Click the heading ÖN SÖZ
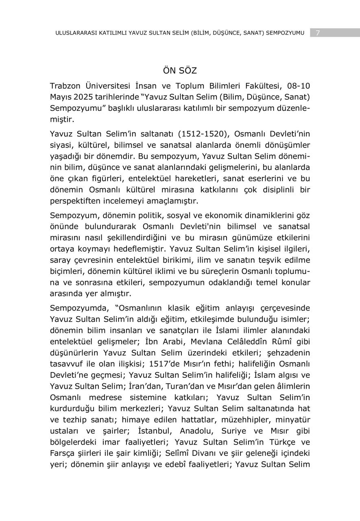pyautogui.click(x=180, y=70)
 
